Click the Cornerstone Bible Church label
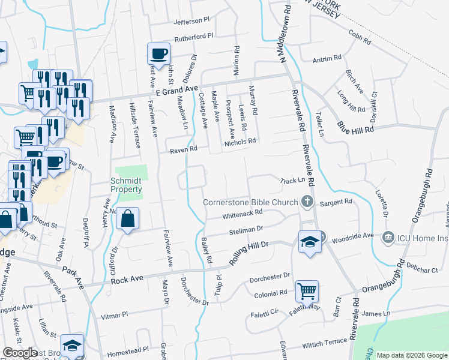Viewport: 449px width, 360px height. coord(250,202)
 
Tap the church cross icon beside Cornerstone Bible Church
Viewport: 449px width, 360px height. coord(307,202)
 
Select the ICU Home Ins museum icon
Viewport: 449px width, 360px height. coord(387,238)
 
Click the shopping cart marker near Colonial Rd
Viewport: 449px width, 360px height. coord(307,292)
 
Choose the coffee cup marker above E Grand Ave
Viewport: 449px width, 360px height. coord(158,53)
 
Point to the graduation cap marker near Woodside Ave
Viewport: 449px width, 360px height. coord(309,242)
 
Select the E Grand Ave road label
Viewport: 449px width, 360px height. coord(176,89)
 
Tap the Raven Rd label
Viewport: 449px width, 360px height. coord(183,149)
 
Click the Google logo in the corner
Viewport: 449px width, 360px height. coord(20,353)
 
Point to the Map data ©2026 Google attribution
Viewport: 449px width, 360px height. coord(411,355)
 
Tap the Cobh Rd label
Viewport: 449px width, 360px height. coord(360,36)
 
